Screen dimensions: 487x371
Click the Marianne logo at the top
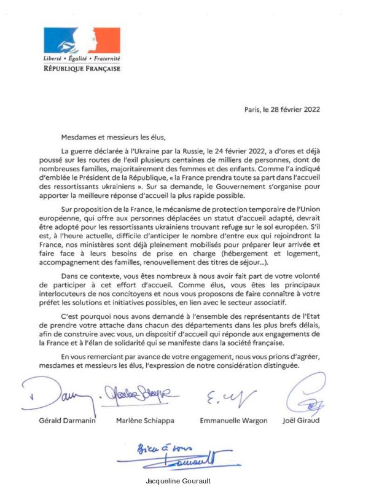coord(81,40)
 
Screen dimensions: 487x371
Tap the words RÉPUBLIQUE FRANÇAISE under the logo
coord(81,68)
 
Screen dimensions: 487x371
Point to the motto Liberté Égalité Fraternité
coord(81,58)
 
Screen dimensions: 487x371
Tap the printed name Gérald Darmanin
coord(55,421)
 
